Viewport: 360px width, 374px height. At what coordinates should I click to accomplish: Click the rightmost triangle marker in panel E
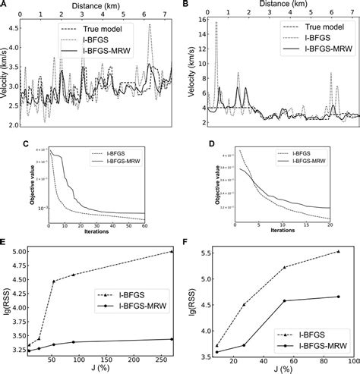pyautogui.click(x=172, y=251)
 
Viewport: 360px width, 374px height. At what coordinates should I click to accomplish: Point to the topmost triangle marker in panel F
pyautogui.click(x=338, y=251)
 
